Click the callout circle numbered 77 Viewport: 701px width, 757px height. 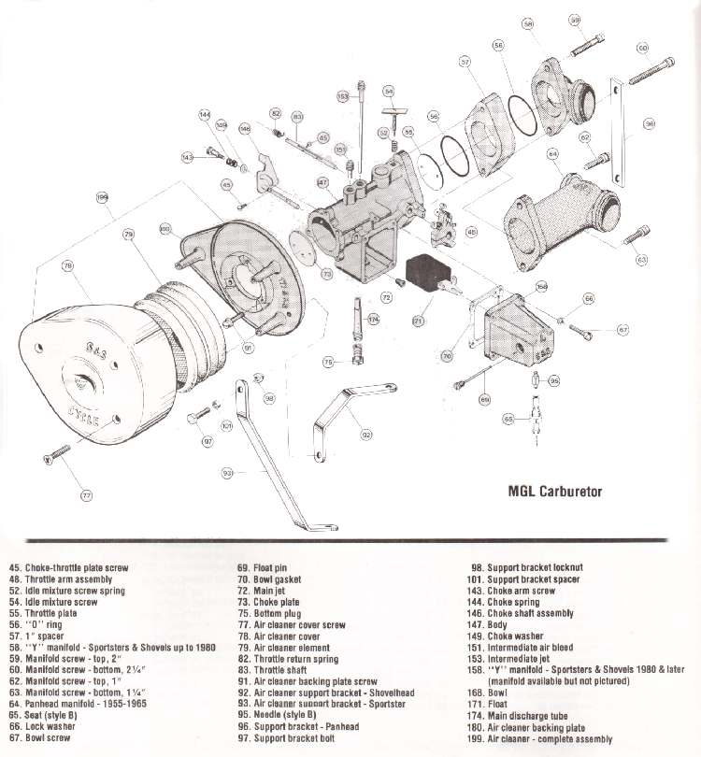[86, 494]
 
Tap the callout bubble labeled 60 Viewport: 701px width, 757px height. [643, 48]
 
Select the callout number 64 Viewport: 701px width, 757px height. [553, 153]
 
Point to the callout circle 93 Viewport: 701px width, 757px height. [227, 474]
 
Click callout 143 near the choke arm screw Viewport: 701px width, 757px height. [187, 157]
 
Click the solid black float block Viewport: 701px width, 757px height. [429, 271]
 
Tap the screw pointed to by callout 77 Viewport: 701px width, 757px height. [55, 455]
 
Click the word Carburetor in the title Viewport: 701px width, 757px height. [571, 492]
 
